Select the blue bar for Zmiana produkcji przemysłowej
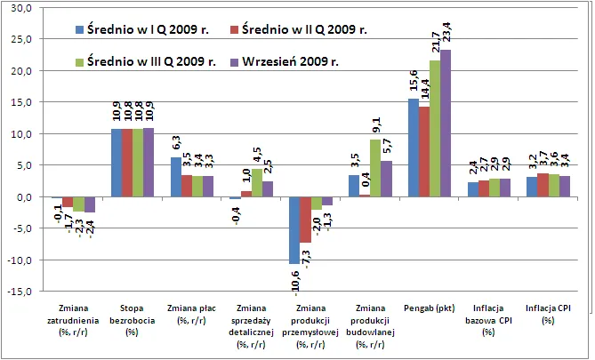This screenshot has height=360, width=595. [x=293, y=230]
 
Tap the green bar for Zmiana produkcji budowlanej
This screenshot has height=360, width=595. [x=375, y=168]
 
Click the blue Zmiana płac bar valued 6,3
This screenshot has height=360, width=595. [x=174, y=177]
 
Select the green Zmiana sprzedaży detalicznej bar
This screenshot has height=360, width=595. [x=257, y=183]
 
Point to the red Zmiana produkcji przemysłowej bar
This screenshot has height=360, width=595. [x=304, y=220]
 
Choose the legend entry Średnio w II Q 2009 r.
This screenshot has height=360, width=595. [x=299, y=30]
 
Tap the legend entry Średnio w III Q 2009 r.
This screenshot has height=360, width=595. [x=146, y=61]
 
